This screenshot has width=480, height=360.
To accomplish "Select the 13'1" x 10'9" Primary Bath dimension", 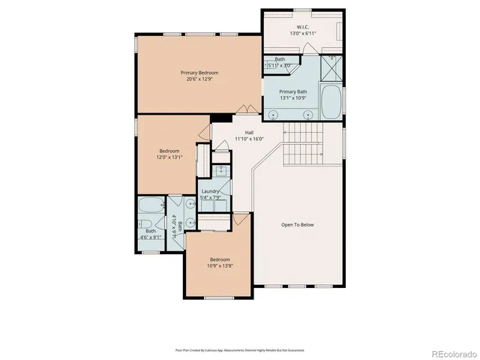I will (298, 97).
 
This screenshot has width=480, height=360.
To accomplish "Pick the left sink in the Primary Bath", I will (274, 115).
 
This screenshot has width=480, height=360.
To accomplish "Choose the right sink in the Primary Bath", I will (308, 115).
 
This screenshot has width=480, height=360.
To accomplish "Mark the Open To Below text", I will (297, 225).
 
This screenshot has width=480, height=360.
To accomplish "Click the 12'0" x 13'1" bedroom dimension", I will (168, 157).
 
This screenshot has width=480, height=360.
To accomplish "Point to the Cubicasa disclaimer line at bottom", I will (240, 349).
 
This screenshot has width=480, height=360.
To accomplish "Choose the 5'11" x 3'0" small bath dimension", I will (280, 65).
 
